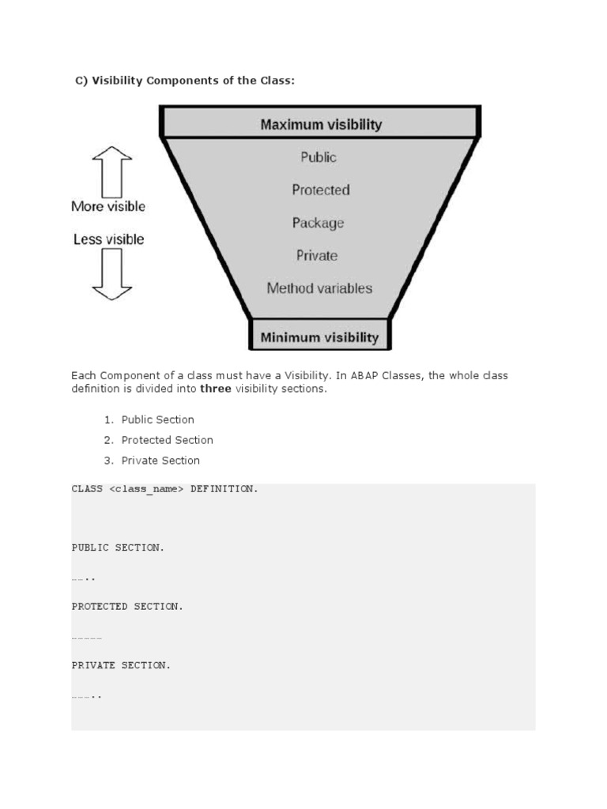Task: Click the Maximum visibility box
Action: [x=320, y=124]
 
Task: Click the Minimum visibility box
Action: [x=319, y=337]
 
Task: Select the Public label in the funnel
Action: [x=319, y=157]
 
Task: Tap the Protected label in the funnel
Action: [x=320, y=190]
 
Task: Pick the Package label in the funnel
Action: [x=318, y=223]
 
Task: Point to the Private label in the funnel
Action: [x=317, y=255]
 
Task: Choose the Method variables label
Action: [x=319, y=288]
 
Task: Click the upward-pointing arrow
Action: [x=111, y=171]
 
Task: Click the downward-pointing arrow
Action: [x=111, y=273]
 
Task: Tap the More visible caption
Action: [x=108, y=206]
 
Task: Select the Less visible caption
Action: [x=108, y=239]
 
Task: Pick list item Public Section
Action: [x=157, y=420]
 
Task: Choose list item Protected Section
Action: [x=167, y=440]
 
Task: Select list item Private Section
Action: [x=160, y=461]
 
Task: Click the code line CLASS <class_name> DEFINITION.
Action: [x=164, y=489]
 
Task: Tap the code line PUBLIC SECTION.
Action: [x=118, y=547]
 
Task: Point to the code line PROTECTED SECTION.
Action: [x=127, y=607]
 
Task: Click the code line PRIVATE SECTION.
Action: [x=121, y=665]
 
